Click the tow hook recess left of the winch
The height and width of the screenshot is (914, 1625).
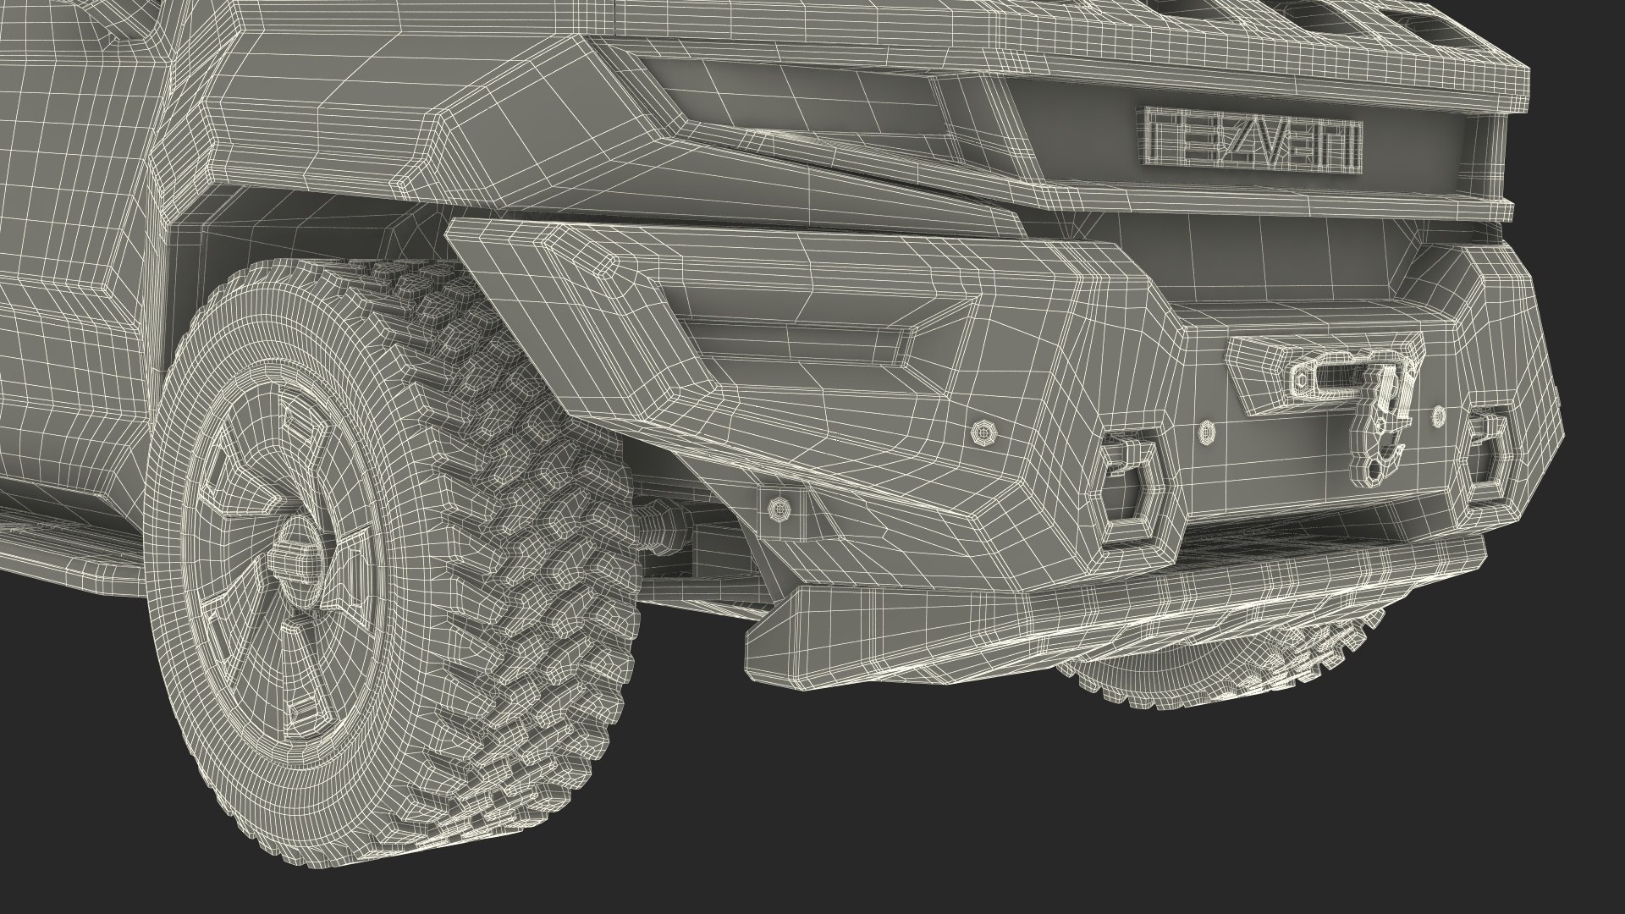coord(1132,487)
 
